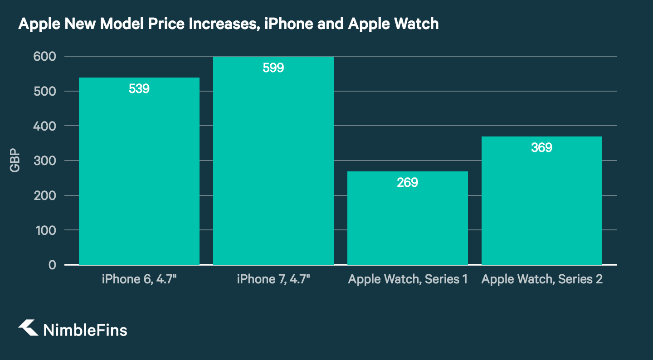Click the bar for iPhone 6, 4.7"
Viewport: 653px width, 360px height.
coord(139,181)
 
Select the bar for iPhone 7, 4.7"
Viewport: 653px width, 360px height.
coord(273,172)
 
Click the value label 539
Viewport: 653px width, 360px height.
coord(139,89)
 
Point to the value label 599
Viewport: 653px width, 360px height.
coord(273,68)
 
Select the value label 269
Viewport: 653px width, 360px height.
coord(407,183)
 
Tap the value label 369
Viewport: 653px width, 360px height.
coord(541,148)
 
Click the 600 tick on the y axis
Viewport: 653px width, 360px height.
coord(44,57)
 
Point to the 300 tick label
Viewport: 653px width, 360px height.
coord(44,161)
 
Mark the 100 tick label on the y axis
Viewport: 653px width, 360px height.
coord(44,230)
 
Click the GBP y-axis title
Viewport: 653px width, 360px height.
coord(15,161)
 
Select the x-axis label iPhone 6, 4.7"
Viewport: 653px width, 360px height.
coord(139,279)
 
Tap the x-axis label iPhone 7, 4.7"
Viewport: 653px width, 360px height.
coord(273,279)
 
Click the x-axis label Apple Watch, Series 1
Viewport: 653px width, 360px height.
coord(407,279)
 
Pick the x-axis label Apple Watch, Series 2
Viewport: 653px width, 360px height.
coord(542,279)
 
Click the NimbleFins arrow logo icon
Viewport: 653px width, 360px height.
coord(28,328)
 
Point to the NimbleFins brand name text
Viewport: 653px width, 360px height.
coord(85,330)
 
